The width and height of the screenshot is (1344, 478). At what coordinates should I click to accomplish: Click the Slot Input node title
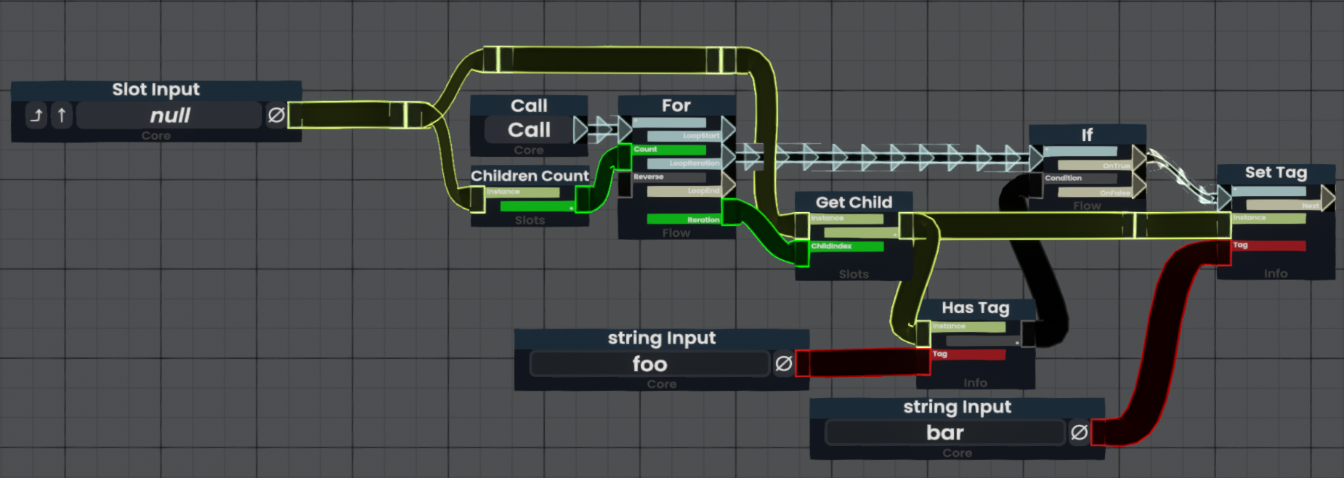click(155, 89)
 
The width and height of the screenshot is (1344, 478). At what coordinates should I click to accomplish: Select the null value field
click(169, 116)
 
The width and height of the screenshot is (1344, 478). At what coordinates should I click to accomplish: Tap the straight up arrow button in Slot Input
click(62, 116)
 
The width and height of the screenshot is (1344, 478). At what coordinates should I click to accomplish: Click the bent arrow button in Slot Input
click(36, 116)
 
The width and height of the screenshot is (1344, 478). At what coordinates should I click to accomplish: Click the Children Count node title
click(530, 176)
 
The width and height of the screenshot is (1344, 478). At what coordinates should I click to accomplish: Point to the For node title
click(676, 105)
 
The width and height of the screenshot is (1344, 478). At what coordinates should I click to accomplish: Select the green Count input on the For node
click(668, 150)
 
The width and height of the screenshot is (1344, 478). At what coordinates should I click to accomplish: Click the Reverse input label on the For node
click(649, 177)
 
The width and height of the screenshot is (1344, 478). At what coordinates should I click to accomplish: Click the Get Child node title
click(854, 203)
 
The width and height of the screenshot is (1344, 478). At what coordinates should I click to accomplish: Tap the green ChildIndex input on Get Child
click(846, 247)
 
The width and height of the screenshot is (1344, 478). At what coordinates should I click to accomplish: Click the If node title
click(1087, 135)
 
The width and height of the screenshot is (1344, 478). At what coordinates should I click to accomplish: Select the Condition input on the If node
click(1064, 178)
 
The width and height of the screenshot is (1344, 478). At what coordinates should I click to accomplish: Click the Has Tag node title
click(975, 308)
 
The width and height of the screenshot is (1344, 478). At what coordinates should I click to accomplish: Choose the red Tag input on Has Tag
click(968, 355)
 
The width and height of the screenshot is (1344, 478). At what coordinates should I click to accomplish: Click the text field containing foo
click(649, 364)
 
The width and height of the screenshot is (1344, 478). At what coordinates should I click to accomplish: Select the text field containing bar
click(945, 433)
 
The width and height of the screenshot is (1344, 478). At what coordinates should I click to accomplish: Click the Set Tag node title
click(1276, 173)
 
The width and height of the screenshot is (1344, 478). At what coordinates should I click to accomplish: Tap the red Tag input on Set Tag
click(1268, 246)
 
